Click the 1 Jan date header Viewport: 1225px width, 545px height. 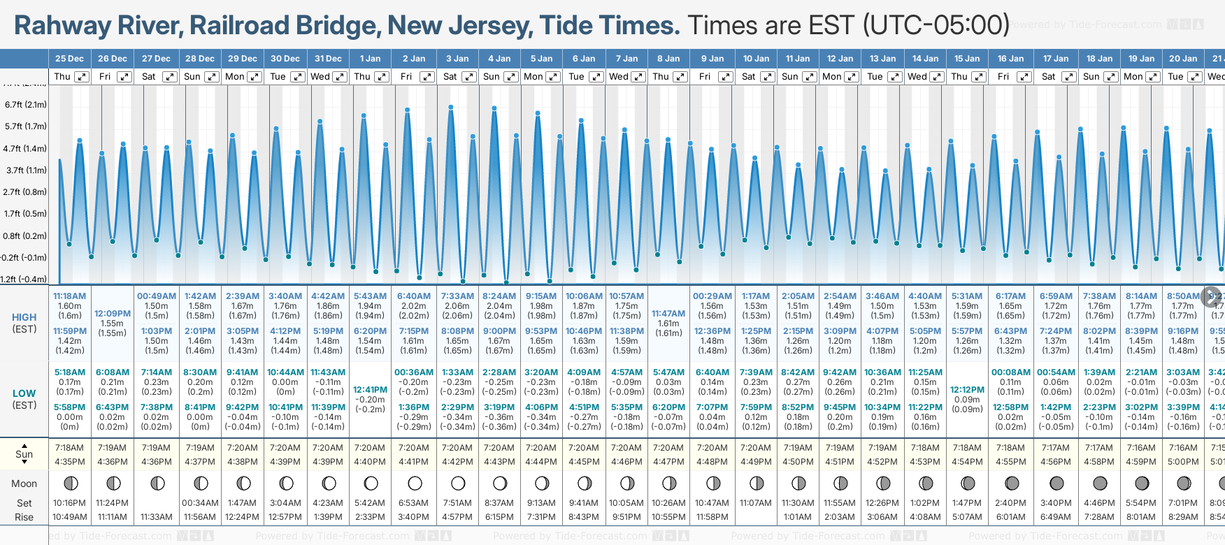370,59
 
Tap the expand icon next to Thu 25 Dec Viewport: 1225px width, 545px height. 82,77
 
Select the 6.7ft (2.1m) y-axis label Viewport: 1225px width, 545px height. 26,105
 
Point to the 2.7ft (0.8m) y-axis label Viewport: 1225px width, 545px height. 26,191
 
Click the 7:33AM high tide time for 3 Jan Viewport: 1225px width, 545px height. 457,296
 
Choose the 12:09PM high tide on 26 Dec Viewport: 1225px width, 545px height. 113,314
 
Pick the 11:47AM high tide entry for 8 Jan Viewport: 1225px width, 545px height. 668,314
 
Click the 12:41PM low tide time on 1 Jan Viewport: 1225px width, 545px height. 370,390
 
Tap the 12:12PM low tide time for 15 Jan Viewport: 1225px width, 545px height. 967,390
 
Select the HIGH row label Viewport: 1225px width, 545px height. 24,317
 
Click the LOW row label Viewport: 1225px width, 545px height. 24,393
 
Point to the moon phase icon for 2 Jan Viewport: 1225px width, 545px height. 415,483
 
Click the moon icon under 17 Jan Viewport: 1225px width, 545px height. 1056,483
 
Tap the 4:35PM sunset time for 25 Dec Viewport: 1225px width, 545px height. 70,462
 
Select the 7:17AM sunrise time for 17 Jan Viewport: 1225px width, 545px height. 1055,448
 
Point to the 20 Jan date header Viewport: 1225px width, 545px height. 1183,59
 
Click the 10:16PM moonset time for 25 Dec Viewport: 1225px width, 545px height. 70,503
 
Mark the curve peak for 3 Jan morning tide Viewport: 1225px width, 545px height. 451,107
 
